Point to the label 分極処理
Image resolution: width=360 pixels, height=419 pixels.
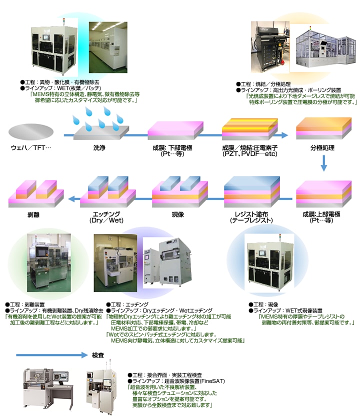[x=321, y=148]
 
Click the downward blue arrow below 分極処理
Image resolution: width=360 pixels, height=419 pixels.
[x=324, y=162]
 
